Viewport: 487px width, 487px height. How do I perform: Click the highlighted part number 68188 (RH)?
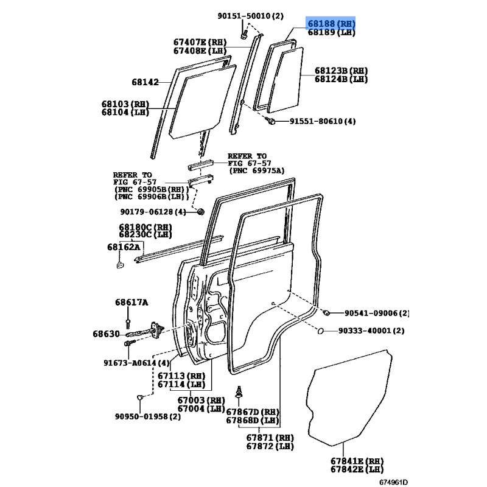point(331,24)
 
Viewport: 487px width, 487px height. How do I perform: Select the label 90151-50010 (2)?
point(250,16)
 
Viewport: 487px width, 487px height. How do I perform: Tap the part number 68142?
point(145,82)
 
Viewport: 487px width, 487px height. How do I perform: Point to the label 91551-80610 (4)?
point(323,121)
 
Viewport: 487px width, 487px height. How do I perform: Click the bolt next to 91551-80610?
point(270,120)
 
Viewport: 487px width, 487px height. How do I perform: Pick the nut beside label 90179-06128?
point(201,212)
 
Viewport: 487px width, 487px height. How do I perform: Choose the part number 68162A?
point(124,247)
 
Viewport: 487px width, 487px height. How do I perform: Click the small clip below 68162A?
point(120,265)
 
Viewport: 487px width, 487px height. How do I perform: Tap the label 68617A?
point(131,302)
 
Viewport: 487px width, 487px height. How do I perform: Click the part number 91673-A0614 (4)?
point(136,363)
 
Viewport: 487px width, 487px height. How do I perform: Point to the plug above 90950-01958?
point(140,397)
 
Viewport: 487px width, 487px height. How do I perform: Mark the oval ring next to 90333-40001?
point(321,331)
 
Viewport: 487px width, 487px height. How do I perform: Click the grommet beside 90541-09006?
point(326,313)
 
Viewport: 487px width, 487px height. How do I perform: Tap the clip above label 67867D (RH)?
point(239,392)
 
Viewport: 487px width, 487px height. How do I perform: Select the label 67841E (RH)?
point(357,461)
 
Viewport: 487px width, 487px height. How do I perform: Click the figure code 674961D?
point(393,482)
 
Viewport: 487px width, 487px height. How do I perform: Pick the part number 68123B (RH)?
point(341,71)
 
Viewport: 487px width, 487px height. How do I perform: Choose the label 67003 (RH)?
point(201,400)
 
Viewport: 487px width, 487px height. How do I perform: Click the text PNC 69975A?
point(257,170)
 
